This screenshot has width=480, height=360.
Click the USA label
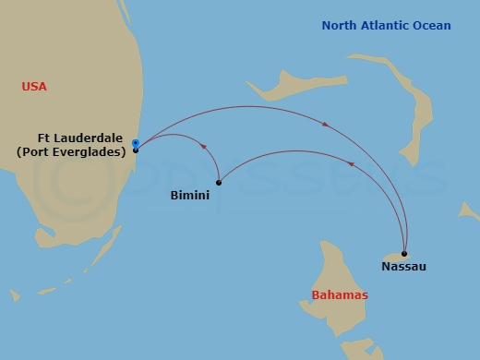coord(34,87)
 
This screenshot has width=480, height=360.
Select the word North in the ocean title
coord(339,25)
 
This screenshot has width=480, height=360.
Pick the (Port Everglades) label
coord(71,152)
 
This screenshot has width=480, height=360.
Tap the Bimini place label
coord(190,196)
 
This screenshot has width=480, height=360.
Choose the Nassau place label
coord(403,267)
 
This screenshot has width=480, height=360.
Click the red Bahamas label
coord(339,295)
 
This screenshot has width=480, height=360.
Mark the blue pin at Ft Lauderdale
coord(136,143)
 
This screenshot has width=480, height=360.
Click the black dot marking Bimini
coord(219,182)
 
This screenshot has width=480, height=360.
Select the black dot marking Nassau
coord(404,253)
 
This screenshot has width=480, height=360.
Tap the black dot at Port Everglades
coord(136,150)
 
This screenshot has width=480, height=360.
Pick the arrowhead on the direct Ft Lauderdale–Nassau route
coord(325,126)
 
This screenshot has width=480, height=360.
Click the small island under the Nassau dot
coord(393,257)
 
